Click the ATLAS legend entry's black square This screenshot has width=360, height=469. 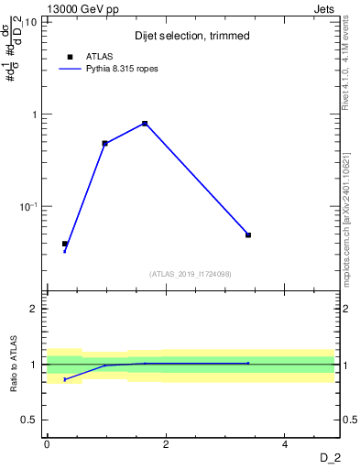click(71, 57)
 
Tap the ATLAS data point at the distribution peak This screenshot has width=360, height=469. click(145, 124)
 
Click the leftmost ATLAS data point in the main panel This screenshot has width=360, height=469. click(65, 244)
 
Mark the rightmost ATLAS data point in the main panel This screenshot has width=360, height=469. click(248, 234)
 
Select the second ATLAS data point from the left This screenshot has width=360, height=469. click(105, 143)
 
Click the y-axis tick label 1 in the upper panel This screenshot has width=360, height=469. click(36, 115)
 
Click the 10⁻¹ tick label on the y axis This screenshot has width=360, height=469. click(29, 206)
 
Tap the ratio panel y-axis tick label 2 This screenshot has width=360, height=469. click(36, 309)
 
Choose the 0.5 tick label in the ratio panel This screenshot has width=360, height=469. click(31, 420)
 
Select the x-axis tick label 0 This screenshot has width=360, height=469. click(47, 444)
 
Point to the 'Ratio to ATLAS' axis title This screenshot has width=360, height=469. click(14, 364)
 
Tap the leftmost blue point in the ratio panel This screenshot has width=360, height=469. click(65, 379)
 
